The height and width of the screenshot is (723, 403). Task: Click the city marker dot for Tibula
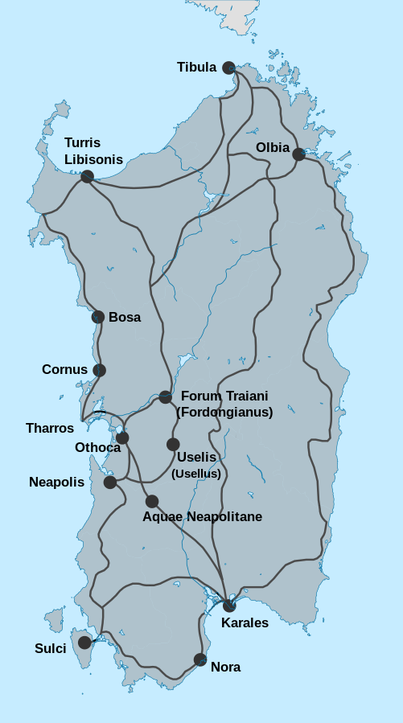pyautogui.click(x=229, y=68)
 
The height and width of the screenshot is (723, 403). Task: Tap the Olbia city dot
pyautogui.click(x=298, y=154)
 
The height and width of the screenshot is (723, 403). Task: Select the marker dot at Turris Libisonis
pyautogui.click(x=88, y=176)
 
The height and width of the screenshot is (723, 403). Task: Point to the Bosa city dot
pyautogui.click(x=98, y=317)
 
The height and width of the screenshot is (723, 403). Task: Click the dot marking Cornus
pyautogui.click(x=99, y=370)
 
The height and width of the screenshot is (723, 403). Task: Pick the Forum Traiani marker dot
pyautogui.click(x=165, y=397)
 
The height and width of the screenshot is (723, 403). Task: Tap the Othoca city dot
pyautogui.click(x=122, y=438)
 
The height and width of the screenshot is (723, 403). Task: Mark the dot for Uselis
pyautogui.click(x=173, y=444)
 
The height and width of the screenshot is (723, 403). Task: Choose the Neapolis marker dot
pyautogui.click(x=110, y=483)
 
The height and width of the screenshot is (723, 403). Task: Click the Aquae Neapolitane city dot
pyautogui.click(x=152, y=501)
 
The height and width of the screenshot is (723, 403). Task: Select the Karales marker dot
pyautogui.click(x=229, y=606)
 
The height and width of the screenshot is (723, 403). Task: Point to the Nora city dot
pyautogui.click(x=200, y=659)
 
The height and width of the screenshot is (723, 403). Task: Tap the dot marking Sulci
pyautogui.click(x=84, y=642)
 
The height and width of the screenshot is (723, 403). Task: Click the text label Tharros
pyautogui.click(x=50, y=429)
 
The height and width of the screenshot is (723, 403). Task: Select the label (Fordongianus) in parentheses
pyautogui.click(x=224, y=412)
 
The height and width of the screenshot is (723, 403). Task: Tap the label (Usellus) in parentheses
pyautogui.click(x=196, y=473)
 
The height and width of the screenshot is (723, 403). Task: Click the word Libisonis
pyautogui.click(x=94, y=159)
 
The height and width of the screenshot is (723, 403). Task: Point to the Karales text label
pyautogui.click(x=245, y=622)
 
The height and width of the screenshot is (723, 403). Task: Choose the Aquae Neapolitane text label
pyautogui.click(x=202, y=516)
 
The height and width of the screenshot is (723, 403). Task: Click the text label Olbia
pyautogui.click(x=272, y=147)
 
